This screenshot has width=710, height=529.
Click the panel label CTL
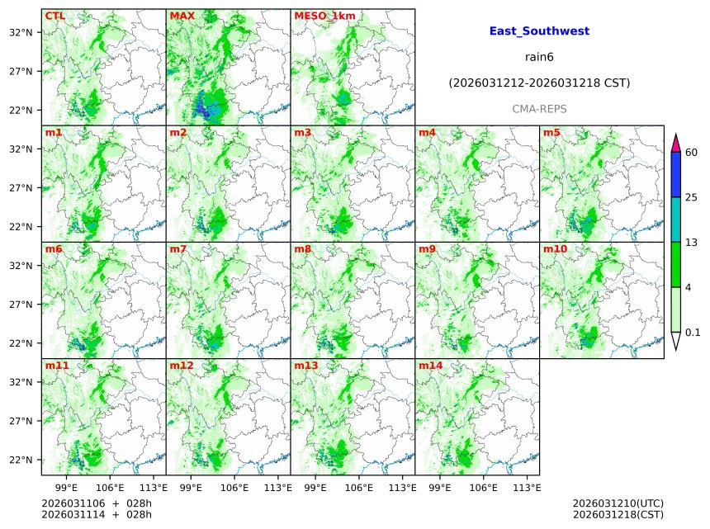[54, 16]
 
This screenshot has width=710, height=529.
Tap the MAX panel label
[182, 16]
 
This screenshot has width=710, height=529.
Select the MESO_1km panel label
[319, 16]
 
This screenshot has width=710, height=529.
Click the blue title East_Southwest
[539, 31]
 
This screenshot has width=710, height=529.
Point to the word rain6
[539, 57]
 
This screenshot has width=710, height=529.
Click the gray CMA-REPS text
[539, 109]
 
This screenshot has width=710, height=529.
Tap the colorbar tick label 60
[692, 153]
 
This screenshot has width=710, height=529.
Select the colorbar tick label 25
[692, 197]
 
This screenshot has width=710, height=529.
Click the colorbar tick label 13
[692, 243]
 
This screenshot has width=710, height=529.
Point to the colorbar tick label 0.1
[693, 333]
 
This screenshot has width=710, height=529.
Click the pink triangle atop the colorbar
[676, 142]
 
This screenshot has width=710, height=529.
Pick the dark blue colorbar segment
[676, 175]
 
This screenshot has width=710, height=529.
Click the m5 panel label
[551, 133]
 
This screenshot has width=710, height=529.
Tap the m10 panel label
[555, 248]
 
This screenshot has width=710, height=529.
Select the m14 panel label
[429, 365]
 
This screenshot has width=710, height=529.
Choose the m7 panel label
[178, 248]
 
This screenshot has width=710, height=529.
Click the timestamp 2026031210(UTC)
[618, 503]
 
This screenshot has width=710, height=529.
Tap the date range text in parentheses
[539, 83]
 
